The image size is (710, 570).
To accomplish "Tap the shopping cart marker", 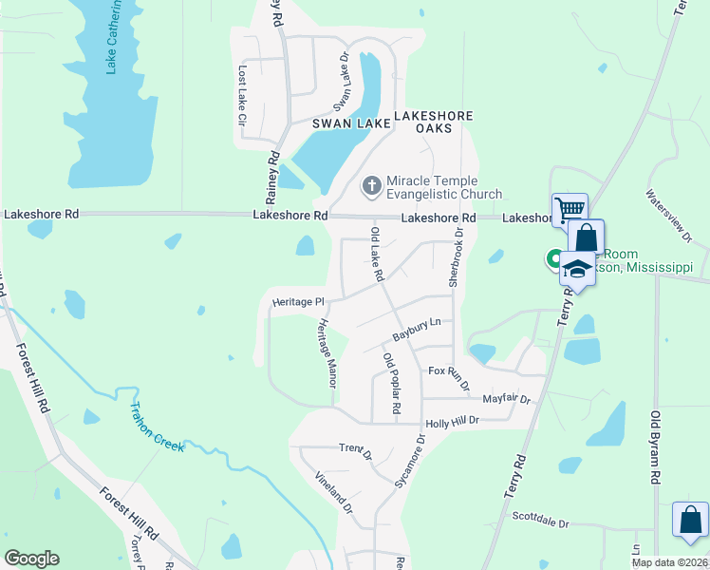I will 569,209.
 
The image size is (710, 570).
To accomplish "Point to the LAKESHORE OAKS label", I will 433,122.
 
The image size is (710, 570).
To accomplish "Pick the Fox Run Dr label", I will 449,377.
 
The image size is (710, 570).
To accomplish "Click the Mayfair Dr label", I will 506,399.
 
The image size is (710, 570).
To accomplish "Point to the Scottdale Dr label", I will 540,522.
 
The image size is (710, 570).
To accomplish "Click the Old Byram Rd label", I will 654,447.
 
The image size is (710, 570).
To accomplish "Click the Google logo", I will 31,559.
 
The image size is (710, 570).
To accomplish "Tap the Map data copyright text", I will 669,562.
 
